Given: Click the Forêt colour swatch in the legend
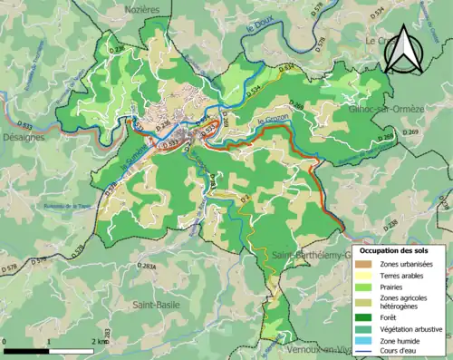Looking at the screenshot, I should (368, 316).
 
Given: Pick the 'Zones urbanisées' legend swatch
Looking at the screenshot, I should (368, 264).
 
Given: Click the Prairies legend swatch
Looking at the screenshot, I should (368, 289).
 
